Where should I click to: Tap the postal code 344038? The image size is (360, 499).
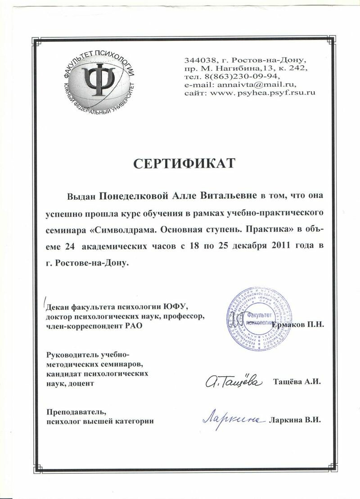(199, 60)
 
